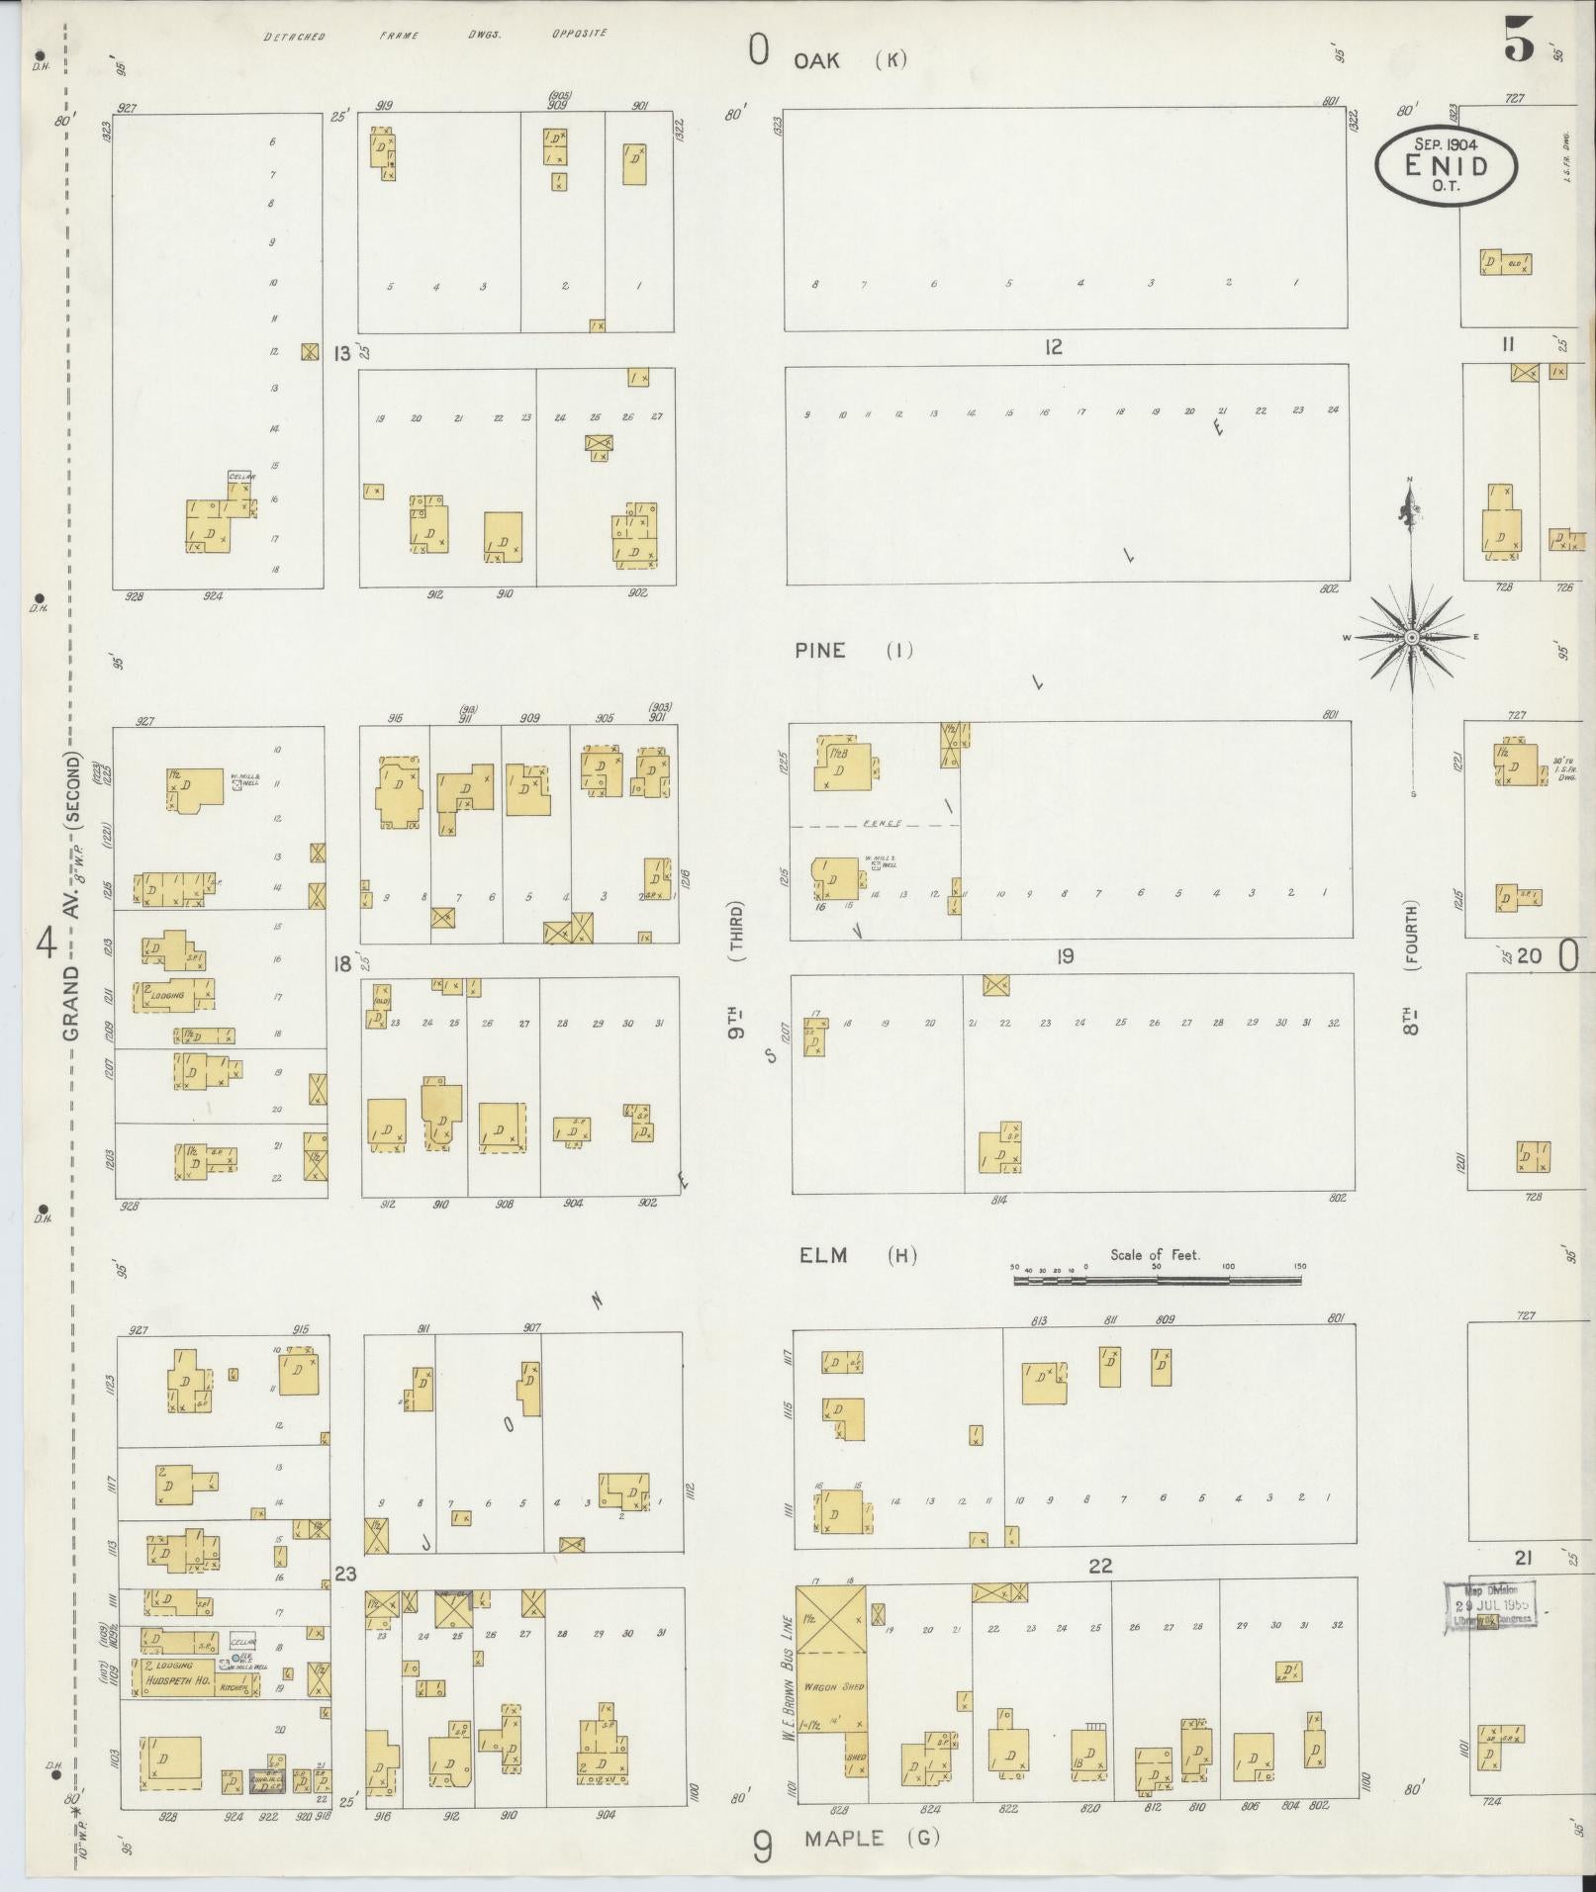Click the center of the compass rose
coord(1412,639)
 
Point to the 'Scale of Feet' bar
coord(1157,1280)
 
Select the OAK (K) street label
coord(850,60)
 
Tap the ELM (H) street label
coord(857,1256)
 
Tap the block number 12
coord(1052,347)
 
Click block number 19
coord(1065,956)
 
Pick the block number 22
coord(1100,1566)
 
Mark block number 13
coord(342,353)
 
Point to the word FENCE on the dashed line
coord(879,824)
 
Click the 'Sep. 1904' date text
coord(1446,143)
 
